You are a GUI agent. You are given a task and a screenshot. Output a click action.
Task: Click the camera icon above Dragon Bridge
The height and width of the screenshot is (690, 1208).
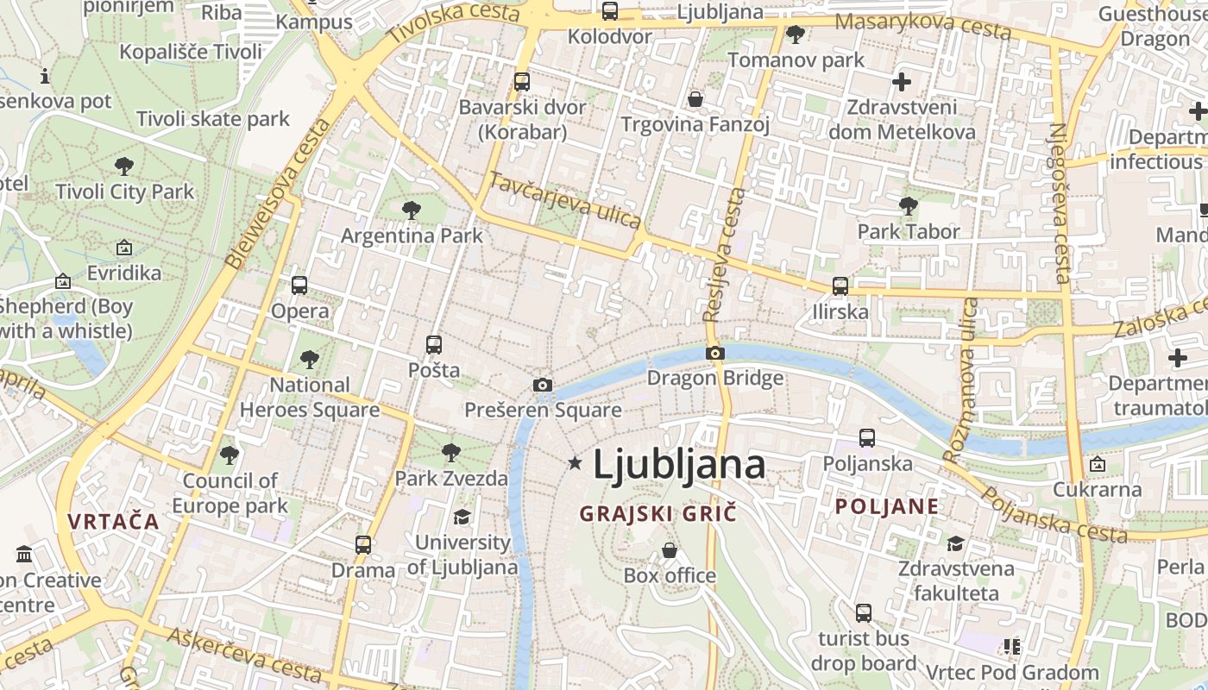coord(714,353)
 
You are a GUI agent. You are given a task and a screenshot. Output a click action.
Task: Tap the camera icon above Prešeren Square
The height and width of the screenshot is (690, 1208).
coord(542,385)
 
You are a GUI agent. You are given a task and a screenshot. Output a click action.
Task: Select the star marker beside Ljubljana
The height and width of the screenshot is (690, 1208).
coord(576,464)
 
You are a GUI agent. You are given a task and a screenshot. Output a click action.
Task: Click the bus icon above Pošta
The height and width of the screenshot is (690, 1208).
coord(434,345)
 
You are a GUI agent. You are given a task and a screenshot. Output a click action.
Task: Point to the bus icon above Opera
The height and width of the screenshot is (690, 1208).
coord(299,285)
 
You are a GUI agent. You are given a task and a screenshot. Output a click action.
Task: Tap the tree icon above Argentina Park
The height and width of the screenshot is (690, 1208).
coord(412,210)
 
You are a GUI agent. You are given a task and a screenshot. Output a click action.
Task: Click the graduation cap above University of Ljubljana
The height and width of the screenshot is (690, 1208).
coord(462,517)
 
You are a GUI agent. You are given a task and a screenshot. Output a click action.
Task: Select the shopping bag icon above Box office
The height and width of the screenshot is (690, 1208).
coord(670,549)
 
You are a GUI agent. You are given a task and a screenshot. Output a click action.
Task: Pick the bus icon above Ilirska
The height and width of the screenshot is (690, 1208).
coord(840,286)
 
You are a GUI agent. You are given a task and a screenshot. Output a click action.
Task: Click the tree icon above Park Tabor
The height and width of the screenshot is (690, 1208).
coord(908,206)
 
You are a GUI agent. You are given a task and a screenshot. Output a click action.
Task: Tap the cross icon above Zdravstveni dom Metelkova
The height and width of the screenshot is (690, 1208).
coord(902,83)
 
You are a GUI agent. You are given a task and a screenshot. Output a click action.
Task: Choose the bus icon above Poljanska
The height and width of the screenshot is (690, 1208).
coord(867,438)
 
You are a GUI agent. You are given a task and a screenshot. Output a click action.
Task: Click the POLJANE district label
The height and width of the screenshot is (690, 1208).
coord(887,506)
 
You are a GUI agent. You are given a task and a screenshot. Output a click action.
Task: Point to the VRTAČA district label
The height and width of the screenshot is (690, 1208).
coord(114,521)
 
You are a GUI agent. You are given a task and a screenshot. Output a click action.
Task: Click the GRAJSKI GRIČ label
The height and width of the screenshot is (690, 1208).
coord(658,513)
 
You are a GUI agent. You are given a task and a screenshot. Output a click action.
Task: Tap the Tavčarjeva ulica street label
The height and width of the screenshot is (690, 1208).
coord(565,200)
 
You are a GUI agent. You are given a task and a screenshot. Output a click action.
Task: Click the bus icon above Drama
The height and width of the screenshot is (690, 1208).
coord(363,545)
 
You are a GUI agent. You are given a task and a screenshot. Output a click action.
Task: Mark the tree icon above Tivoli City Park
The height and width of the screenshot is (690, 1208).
coord(124,166)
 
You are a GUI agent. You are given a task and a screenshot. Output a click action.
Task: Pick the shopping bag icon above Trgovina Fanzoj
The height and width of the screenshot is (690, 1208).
coord(695,99)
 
